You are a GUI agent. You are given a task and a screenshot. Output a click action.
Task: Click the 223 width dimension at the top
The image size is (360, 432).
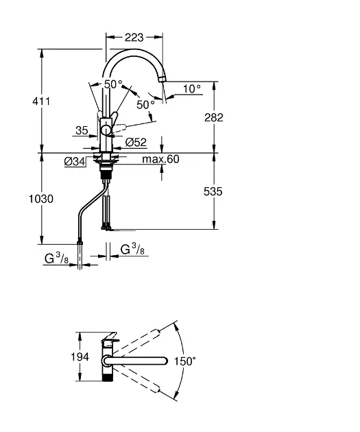coord(134,38)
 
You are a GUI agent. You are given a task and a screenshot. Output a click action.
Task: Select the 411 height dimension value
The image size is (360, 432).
coord(41,101)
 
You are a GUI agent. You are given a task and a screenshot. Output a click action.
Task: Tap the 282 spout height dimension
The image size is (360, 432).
coord(214,117)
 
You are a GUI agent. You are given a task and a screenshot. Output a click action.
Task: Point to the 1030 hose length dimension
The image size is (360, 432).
coord(41,199)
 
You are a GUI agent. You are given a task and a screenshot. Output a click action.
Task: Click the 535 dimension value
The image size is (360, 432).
coord(213,191)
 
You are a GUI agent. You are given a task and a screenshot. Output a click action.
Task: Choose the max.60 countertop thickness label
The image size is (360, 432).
coord(160,159)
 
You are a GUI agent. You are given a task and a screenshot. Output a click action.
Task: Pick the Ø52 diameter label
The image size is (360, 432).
coord(136,142)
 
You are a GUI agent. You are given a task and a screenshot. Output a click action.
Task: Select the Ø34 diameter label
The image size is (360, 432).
coord(75,161)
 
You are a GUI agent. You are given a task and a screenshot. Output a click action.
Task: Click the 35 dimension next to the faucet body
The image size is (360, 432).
coord(82,130)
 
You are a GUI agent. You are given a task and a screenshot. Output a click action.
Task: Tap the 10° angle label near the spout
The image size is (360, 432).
coord(192,88)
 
